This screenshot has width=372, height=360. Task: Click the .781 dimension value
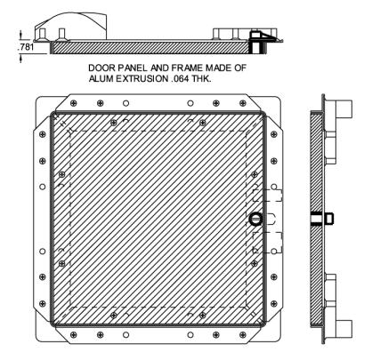(x=28, y=48)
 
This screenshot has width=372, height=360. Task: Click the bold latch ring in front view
(x=255, y=219)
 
